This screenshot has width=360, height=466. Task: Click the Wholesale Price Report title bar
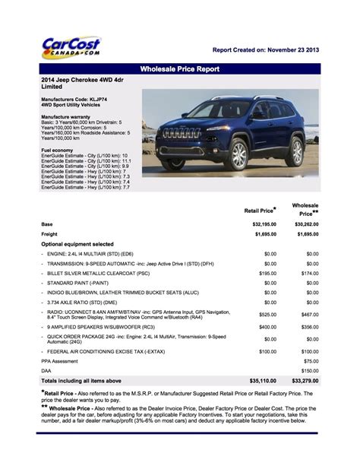pyautogui.click(x=180, y=69)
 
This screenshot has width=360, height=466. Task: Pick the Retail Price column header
pyautogui.click(x=260, y=210)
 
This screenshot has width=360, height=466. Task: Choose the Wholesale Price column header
pyautogui.click(x=305, y=210)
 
